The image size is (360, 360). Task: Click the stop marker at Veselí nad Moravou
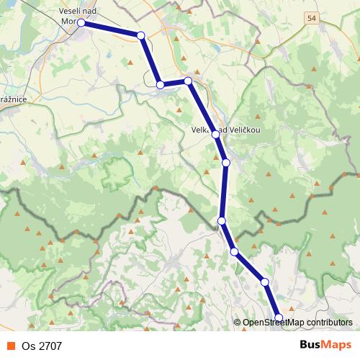[81, 23]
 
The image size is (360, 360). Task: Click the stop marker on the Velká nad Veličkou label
[215, 134]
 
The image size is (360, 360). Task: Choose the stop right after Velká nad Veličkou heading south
[226, 163]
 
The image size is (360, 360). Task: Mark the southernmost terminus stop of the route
[279, 317]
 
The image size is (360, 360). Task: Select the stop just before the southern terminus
[264, 282]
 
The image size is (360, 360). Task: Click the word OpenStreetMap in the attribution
[274, 323]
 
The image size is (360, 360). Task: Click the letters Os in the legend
[28, 346]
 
